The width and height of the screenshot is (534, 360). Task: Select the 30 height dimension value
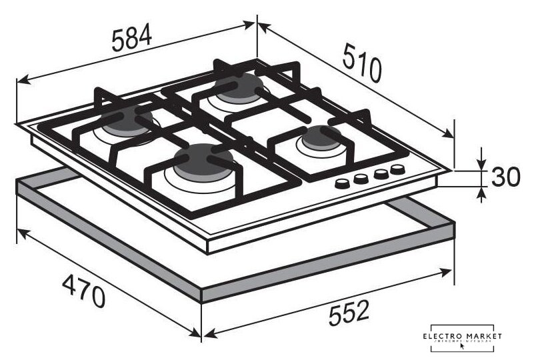point(506,177)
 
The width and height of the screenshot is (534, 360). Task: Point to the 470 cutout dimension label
point(84,291)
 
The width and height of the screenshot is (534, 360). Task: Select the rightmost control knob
point(398,169)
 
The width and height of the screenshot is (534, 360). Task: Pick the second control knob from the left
point(361,179)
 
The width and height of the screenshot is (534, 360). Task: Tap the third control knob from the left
point(381,173)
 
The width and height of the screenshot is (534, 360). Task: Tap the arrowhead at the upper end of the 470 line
point(21,233)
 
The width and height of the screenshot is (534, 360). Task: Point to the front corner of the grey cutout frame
point(201,295)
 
